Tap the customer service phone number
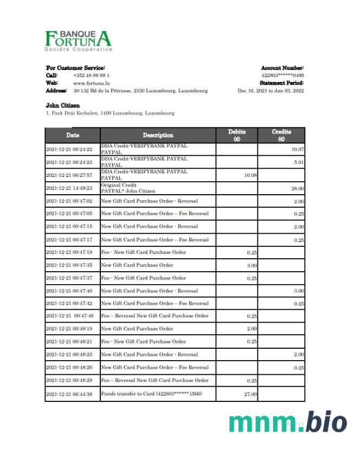pyautogui.click(x=92, y=75)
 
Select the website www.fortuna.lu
pyautogui.click(x=92, y=83)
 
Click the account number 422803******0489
pyautogui.click(x=282, y=75)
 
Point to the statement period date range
pyautogui.click(x=271, y=91)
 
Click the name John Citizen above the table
pyautogui.click(x=63, y=105)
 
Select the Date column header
pyautogui.click(x=73, y=135)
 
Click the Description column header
pyautogui.click(x=158, y=135)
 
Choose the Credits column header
pyautogui.click(x=281, y=135)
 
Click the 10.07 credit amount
pyautogui.click(x=297, y=149)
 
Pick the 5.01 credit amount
pyautogui.click(x=298, y=162)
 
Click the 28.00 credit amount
pyautogui.click(x=297, y=188)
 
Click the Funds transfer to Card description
pyautogui.click(x=151, y=393)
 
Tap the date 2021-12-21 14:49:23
pyautogui.click(x=69, y=188)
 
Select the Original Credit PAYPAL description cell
pyautogui.click(x=128, y=188)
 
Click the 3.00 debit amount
pyautogui.click(x=252, y=265)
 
